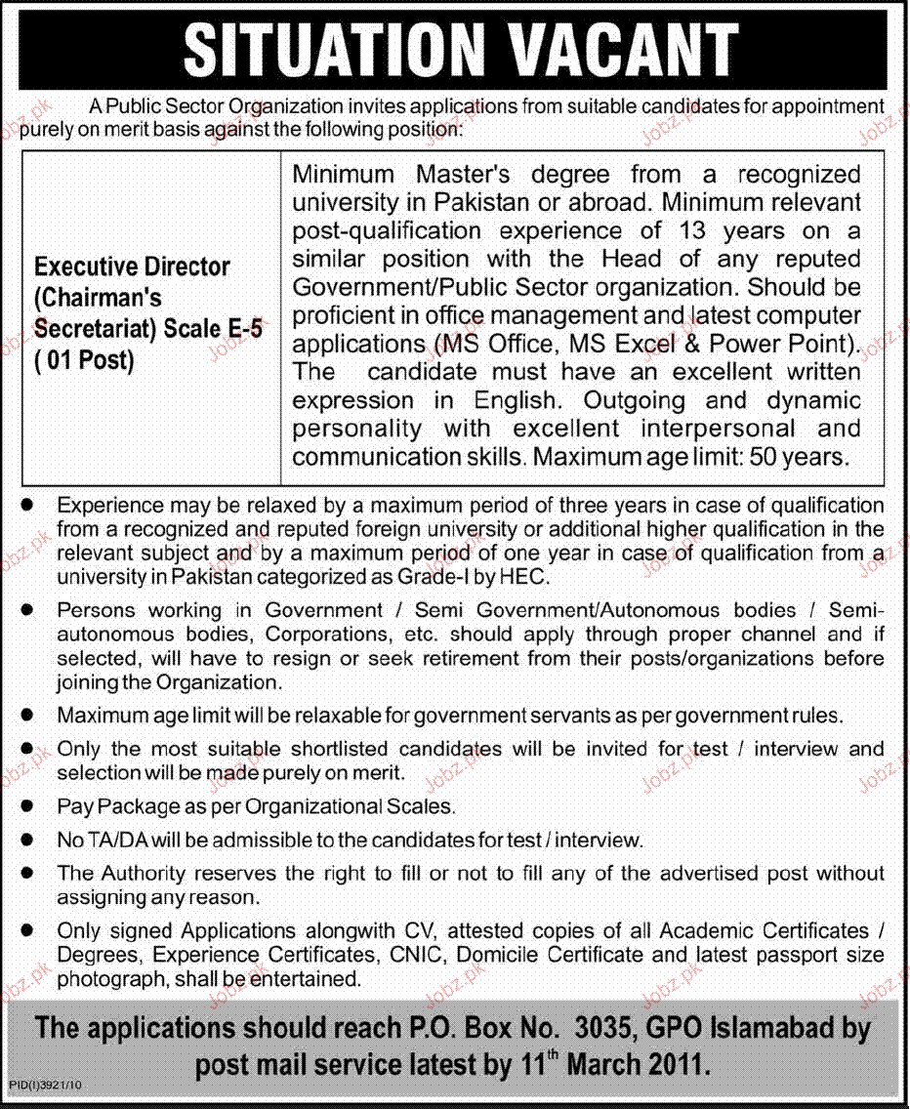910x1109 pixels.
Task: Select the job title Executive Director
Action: pos(133,267)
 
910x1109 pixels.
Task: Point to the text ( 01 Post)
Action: pos(84,360)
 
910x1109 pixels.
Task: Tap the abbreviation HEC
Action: pos(528,577)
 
